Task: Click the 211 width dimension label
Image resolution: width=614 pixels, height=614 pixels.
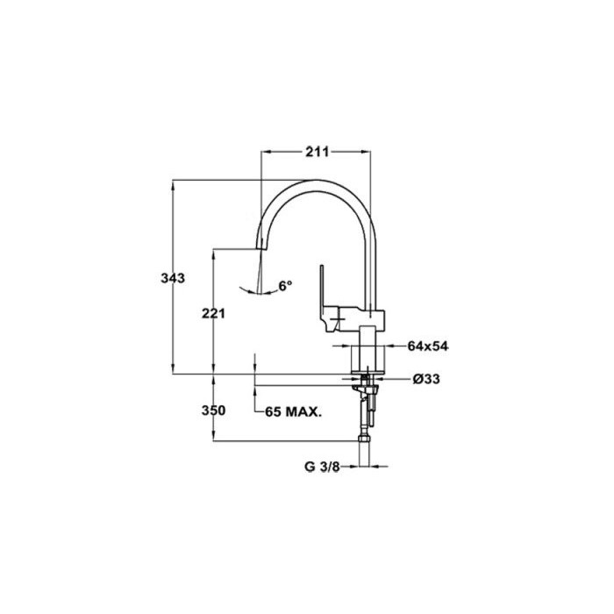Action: (x=318, y=152)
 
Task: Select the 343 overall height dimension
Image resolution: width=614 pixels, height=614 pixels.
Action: (x=173, y=278)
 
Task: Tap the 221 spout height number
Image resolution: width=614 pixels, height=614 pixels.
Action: (x=213, y=313)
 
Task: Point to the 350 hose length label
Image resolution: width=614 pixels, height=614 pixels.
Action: (x=213, y=411)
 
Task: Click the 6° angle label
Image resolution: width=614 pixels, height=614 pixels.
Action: (x=285, y=285)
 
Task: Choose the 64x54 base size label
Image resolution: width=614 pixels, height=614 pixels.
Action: (x=428, y=346)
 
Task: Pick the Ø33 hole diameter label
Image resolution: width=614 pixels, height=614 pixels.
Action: (x=426, y=379)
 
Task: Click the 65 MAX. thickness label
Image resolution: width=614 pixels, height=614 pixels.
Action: (x=293, y=412)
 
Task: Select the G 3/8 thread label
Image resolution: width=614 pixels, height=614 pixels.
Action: (x=322, y=467)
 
